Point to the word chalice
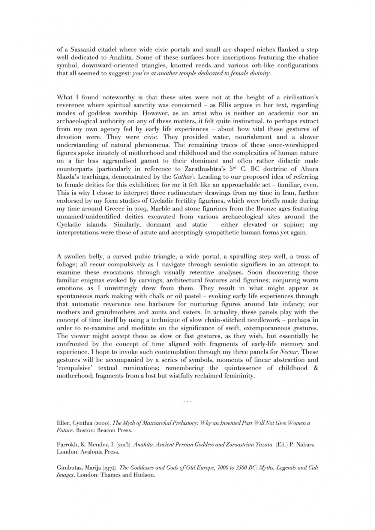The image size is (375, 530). click(x=308, y=57)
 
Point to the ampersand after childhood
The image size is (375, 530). click(x=316, y=368)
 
